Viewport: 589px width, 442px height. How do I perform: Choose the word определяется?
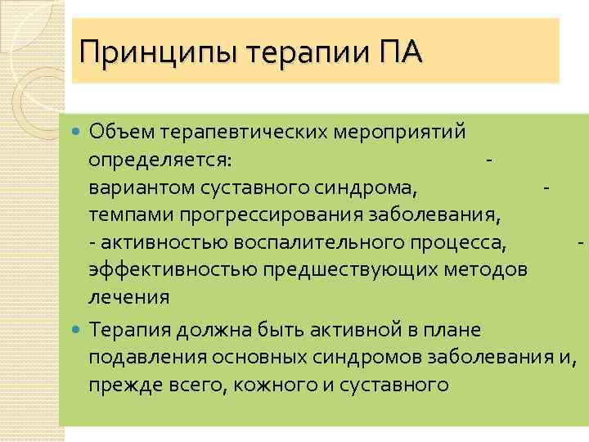pos(160,158)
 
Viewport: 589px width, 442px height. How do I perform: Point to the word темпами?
pos(132,215)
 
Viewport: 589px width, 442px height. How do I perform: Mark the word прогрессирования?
pos(279,215)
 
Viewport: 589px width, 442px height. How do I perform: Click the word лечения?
pos(129,298)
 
